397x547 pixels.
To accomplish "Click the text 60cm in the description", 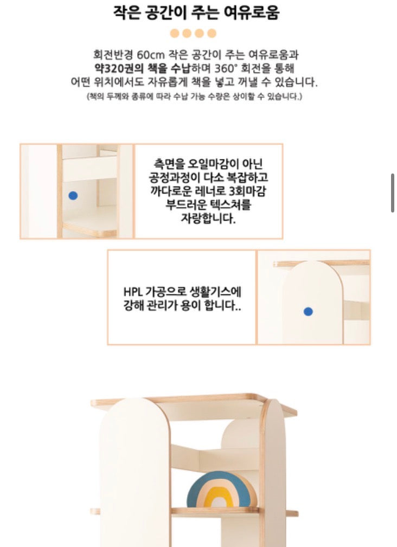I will pos(152,55).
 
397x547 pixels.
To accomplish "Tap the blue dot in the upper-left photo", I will pos(73,196).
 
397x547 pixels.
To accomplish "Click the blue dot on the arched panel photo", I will pos(308,311).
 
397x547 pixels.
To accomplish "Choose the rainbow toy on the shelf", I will pos(221,490).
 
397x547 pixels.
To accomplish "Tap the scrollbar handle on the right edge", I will pos(393,192).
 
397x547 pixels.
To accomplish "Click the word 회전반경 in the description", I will pos(113,55).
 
